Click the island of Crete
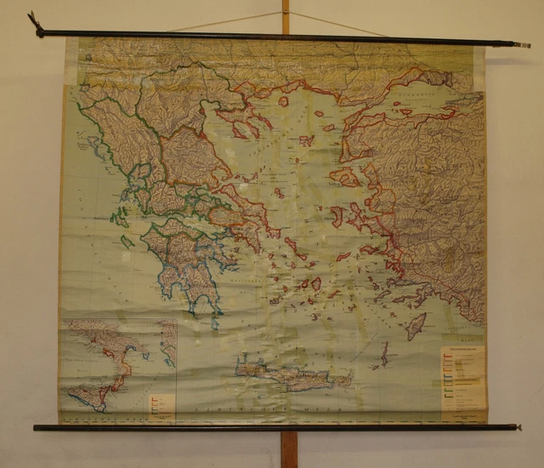289,374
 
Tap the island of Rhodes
416,326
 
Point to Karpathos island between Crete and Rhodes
384,352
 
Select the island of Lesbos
345,177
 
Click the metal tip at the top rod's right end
523,44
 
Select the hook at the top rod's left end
35,22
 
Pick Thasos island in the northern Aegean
283,101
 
